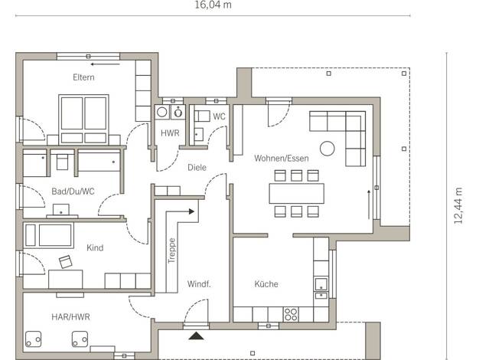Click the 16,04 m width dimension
tap(213, 5)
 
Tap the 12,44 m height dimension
tap(458, 206)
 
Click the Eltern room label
tap(83, 77)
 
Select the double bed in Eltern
tap(83, 119)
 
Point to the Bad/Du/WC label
tap(73, 191)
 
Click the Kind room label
tap(95, 247)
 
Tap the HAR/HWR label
tap(70, 317)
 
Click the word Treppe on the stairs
tap(171, 250)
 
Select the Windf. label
tap(199, 284)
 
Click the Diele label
tap(197, 167)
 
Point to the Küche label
tap(266, 284)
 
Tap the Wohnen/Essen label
tap(282, 158)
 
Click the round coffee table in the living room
tap(327, 149)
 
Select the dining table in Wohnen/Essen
tap(296, 193)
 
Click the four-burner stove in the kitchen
tap(291, 314)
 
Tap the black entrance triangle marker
tap(196, 336)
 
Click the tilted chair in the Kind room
tap(66, 262)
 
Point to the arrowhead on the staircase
tap(191, 211)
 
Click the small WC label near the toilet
tap(219, 116)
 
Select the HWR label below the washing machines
tap(170, 133)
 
